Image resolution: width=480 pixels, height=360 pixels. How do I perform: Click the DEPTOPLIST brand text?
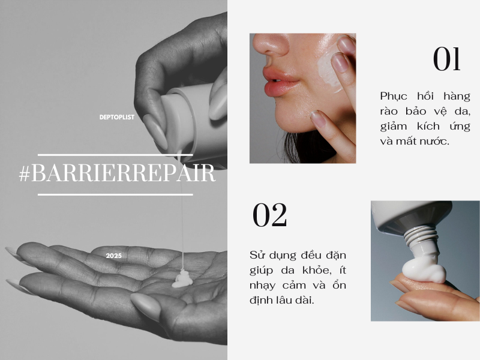[x=116, y=117]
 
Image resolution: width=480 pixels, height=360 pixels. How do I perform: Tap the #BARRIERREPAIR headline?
[x=117, y=173]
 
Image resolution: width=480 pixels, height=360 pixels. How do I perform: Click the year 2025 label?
[x=114, y=256]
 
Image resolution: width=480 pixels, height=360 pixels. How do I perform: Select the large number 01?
[x=446, y=59]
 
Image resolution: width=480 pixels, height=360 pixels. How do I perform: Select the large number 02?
[x=269, y=215]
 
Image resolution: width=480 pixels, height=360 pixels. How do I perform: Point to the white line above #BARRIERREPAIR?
[x=115, y=155]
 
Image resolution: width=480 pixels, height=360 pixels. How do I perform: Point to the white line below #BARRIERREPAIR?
[x=115, y=194]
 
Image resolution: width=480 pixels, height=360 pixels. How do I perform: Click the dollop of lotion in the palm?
[x=182, y=279]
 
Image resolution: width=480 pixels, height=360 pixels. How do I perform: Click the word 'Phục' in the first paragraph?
[x=394, y=97]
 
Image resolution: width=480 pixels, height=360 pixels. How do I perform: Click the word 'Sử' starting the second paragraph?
[x=257, y=255]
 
